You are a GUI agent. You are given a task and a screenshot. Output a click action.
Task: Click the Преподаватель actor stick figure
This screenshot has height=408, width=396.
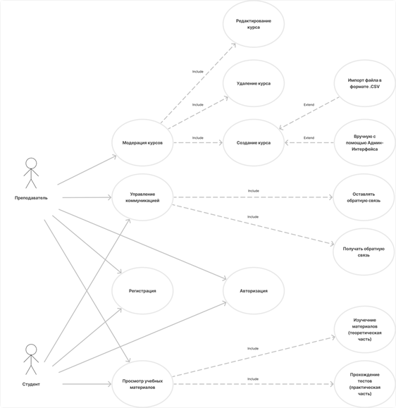31,173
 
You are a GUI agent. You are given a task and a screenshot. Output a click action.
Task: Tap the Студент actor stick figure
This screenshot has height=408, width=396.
31,359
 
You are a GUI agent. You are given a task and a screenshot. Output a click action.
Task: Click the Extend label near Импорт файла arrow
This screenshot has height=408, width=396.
309,104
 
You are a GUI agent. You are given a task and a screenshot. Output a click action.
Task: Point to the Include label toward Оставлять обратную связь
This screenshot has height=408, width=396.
253,191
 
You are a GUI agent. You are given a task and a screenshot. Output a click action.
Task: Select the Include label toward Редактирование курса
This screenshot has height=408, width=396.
198,72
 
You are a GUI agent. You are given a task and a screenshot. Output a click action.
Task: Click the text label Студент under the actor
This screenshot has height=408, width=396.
31,384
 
